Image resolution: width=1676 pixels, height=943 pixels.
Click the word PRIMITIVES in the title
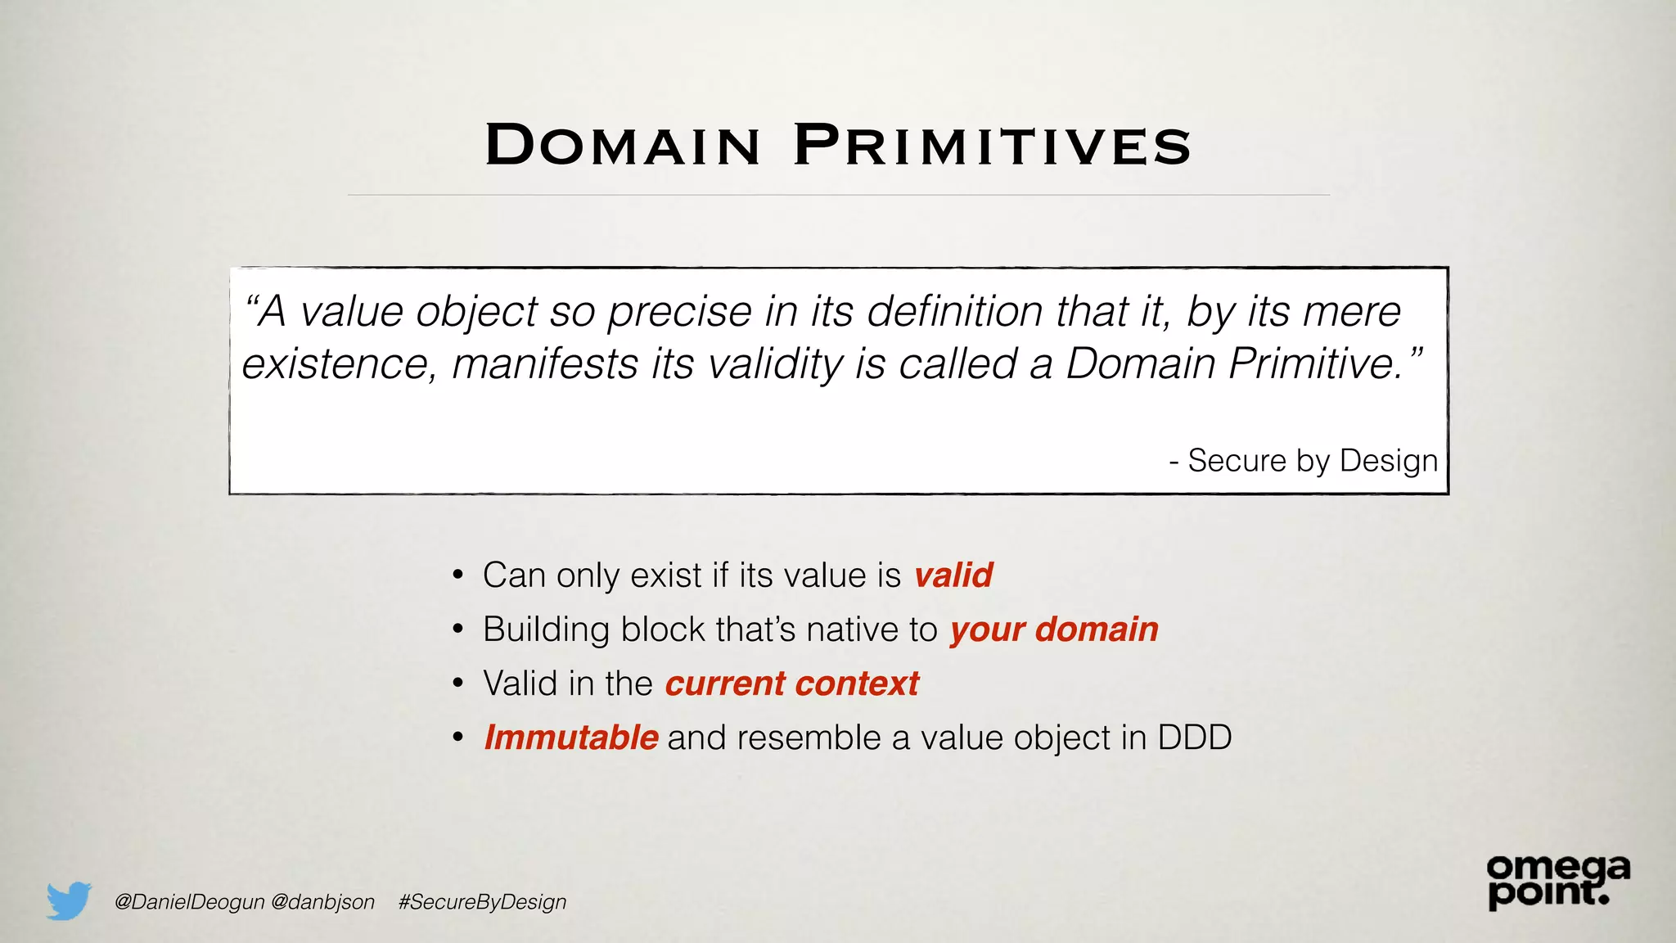pos(992,146)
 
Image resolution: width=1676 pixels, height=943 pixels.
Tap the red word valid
pos(953,575)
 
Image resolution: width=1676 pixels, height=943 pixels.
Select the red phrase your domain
pos(1054,629)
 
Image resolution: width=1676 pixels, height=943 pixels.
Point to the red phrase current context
pos(792,684)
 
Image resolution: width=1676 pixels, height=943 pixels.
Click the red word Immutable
pos(570,738)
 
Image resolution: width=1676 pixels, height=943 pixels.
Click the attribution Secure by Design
pos(1312,461)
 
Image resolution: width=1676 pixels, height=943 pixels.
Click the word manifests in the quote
pos(545,363)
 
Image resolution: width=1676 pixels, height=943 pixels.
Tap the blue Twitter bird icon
pos(69,900)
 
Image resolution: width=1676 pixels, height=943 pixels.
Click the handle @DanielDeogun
pos(190,902)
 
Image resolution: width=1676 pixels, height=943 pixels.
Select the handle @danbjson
pos(322,902)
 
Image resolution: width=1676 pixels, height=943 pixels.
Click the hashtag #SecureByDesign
pos(482,902)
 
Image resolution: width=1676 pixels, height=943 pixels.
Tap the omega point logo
pos(1557,882)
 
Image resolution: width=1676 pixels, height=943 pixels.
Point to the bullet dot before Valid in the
pos(458,684)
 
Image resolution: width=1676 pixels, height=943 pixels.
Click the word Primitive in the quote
pos(1316,363)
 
